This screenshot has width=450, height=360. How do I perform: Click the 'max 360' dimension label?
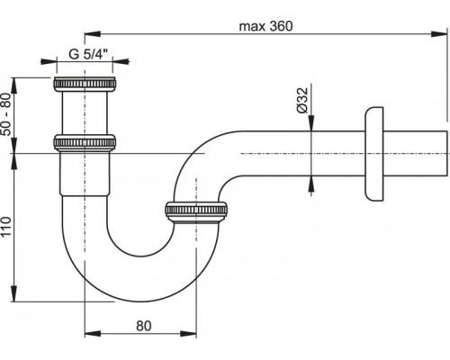pyautogui.click(x=265, y=26)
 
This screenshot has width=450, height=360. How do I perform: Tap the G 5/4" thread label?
pyautogui.click(x=88, y=54)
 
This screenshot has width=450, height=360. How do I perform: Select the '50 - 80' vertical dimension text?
pyautogui.click(x=6, y=114)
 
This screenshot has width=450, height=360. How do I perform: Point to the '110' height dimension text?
pyautogui.click(x=6, y=226)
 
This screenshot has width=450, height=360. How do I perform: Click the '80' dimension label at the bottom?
pyautogui.click(x=144, y=326)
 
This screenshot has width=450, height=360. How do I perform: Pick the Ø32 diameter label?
pyautogui.click(x=302, y=100)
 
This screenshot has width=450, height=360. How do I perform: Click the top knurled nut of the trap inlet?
pyautogui.click(x=85, y=84)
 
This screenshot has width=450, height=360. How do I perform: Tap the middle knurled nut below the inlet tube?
pyautogui.click(x=85, y=142)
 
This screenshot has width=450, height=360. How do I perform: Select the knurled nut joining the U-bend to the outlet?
pyautogui.click(x=195, y=211)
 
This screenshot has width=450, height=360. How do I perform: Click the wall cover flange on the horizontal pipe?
pyautogui.click(x=374, y=154)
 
